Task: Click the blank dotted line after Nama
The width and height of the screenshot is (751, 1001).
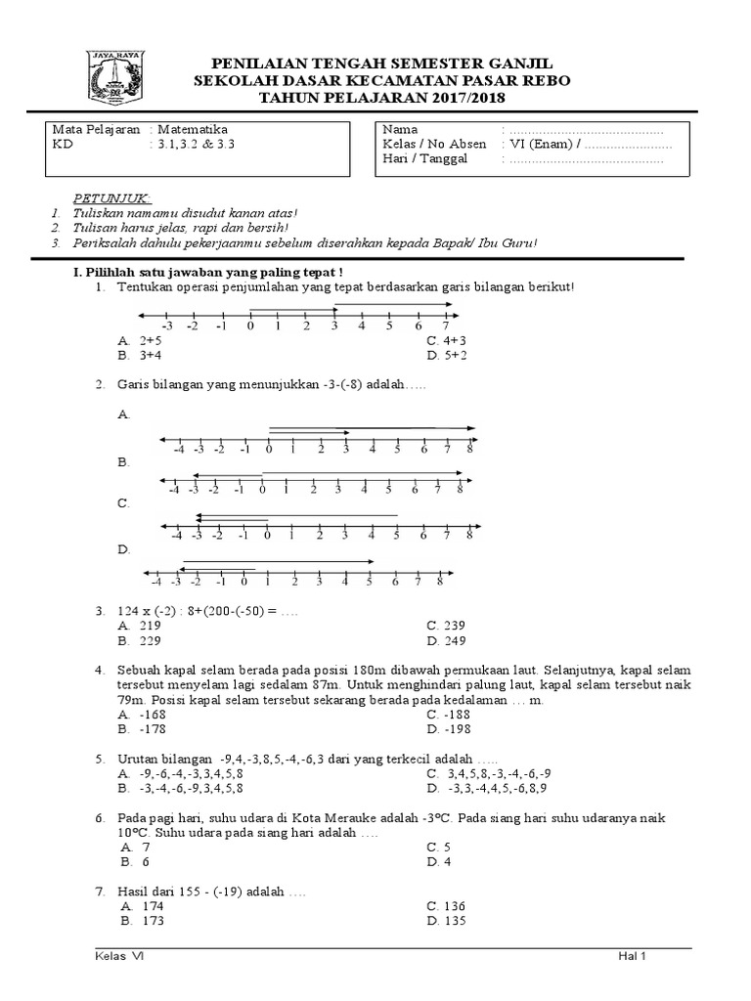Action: tap(586, 129)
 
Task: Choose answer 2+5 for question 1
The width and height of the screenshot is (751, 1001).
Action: tap(150, 340)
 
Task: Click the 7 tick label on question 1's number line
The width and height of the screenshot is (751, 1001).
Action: tap(446, 326)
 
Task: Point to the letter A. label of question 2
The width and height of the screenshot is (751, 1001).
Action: tap(123, 414)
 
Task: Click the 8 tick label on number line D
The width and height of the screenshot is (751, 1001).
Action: tap(440, 582)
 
